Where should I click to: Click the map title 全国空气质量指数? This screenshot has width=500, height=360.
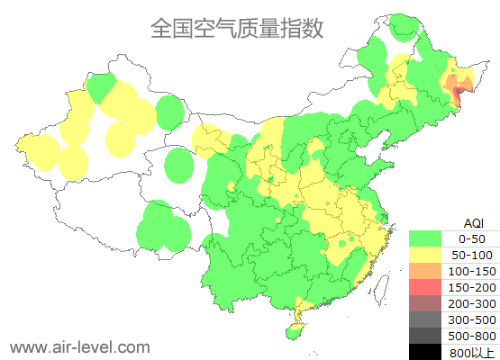coord(236,28)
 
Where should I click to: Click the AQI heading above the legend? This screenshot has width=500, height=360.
coord(473,222)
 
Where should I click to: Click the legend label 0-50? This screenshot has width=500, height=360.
coord(473,238)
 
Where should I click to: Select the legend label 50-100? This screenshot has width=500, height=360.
coord(473,255)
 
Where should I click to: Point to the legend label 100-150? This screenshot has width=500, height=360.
coord(473,271)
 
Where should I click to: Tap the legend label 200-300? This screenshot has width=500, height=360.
coord(473,303)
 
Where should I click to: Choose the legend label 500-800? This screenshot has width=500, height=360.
coord(473,336)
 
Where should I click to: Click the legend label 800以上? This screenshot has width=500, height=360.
coord(473,352)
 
